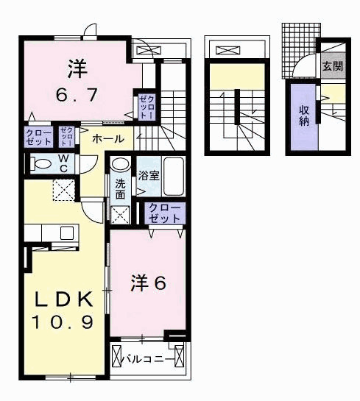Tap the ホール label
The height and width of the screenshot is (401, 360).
(x=107, y=138)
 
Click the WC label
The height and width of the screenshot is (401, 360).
(x=63, y=162)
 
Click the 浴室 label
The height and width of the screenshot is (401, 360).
(x=148, y=175)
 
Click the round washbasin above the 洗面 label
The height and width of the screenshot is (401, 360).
(x=121, y=164)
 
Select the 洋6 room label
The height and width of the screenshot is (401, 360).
(x=148, y=282)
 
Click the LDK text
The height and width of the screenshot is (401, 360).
(x=66, y=300)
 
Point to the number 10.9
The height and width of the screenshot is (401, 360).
(x=63, y=322)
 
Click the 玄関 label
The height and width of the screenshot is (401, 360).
(x=332, y=66)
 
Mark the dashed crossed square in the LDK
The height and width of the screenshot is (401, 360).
(x=63, y=191)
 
